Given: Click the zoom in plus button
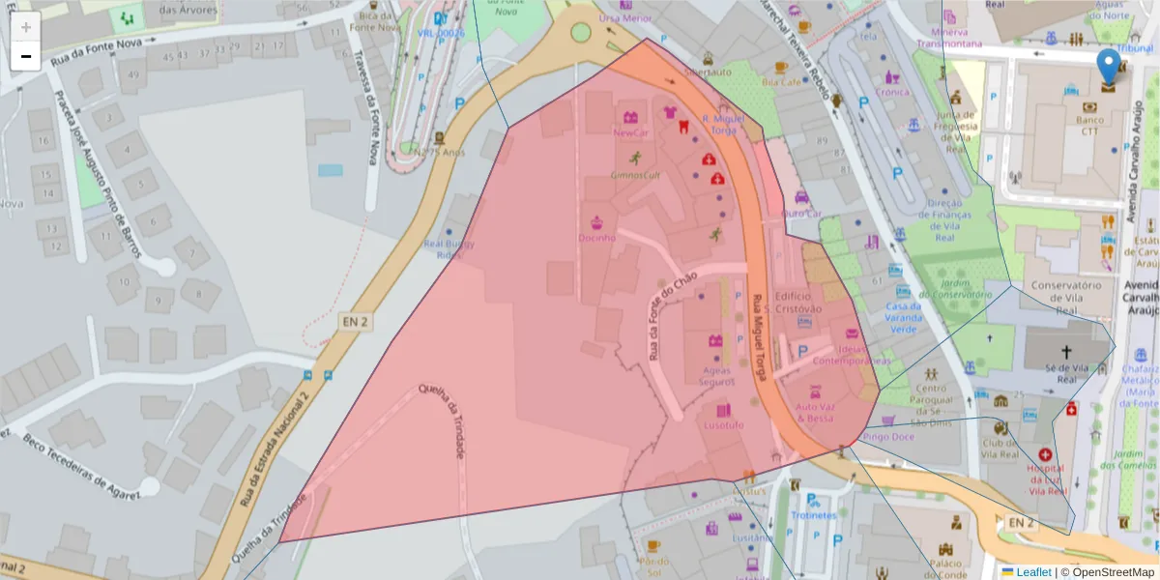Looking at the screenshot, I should point(26,27).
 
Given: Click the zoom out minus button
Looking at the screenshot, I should point(26,56).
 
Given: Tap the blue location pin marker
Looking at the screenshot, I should point(1109,68).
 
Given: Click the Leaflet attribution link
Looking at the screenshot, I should point(1032,572).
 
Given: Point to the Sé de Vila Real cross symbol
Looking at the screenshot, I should point(1066,353).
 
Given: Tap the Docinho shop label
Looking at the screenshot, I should point(596,237).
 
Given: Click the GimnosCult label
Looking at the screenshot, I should point(634,175).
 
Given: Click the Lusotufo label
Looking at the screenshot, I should point(724,424).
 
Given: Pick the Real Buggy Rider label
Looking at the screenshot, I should point(450,249).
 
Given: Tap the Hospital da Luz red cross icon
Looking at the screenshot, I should point(1045,454).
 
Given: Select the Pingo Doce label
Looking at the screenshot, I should point(888,437).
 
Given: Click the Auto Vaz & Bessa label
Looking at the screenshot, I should point(815,413).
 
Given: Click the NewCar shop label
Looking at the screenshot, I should point(631,132).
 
